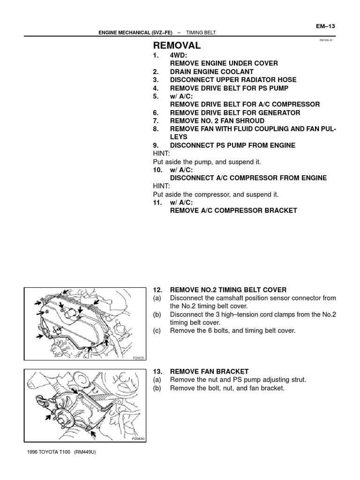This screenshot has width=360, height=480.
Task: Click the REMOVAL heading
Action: click(x=177, y=45)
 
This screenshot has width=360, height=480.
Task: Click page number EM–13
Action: click(x=326, y=26)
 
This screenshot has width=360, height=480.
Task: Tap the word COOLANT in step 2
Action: click(x=234, y=72)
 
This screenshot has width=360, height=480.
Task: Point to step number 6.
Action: click(x=156, y=112)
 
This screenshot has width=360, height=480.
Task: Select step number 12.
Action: click(x=158, y=290)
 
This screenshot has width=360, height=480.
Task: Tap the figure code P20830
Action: click(x=138, y=439)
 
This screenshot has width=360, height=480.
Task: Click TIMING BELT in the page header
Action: click(x=201, y=33)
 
